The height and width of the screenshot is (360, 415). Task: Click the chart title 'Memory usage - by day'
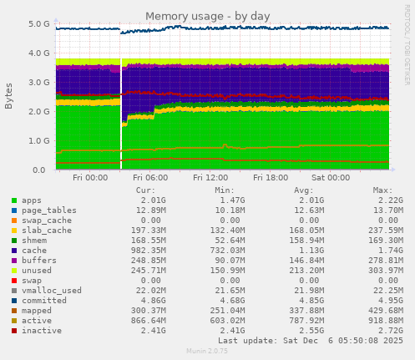[207, 16]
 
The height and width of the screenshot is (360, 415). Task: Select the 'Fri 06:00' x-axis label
[150, 177]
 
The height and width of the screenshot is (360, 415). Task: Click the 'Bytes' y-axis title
[9, 96]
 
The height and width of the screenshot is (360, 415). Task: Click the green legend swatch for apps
[14, 200]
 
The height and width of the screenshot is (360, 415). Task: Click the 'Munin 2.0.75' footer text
[207, 352]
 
